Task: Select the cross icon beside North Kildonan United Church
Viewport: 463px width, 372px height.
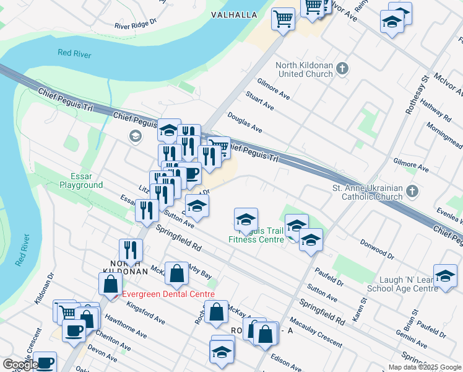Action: (344, 67)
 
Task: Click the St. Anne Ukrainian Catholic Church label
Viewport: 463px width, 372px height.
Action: (368, 192)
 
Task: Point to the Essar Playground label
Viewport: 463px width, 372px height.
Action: (80, 180)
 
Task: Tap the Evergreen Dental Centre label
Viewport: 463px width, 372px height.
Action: (168, 294)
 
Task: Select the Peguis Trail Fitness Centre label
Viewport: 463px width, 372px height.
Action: (256, 235)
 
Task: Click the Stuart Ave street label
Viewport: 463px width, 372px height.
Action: (259, 101)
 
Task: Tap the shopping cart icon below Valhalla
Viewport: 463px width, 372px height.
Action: (283, 18)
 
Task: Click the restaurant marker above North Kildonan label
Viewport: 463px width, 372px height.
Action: (131, 250)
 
